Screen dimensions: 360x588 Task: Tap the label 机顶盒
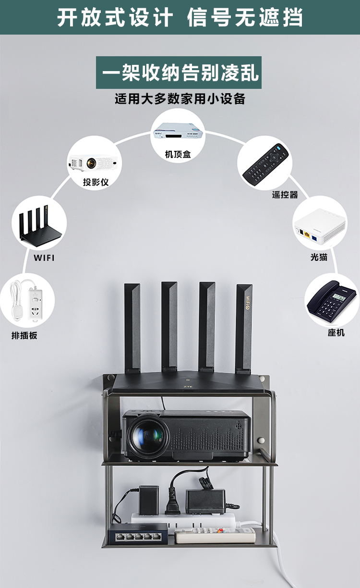(178, 154)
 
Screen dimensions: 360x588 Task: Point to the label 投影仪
(96, 182)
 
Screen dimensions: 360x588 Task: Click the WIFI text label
(44, 258)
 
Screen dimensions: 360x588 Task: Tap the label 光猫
(319, 257)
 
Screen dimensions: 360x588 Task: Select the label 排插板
(24, 335)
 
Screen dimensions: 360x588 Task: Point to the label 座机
(336, 332)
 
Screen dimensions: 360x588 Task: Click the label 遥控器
(285, 195)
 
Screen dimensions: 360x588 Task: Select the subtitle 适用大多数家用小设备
(180, 99)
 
